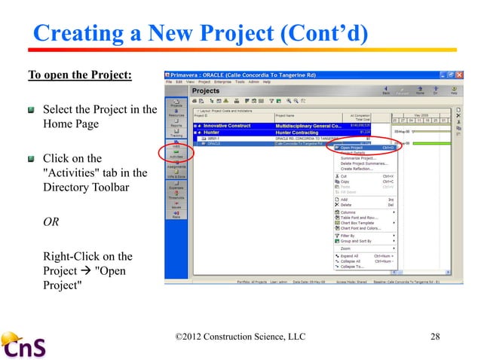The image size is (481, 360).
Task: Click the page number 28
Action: tap(434, 336)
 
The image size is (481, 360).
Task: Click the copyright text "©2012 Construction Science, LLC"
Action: tap(239, 336)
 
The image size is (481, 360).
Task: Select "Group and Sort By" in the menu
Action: tap(358, 240)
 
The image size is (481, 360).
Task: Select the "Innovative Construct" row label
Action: tap(226, 124)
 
